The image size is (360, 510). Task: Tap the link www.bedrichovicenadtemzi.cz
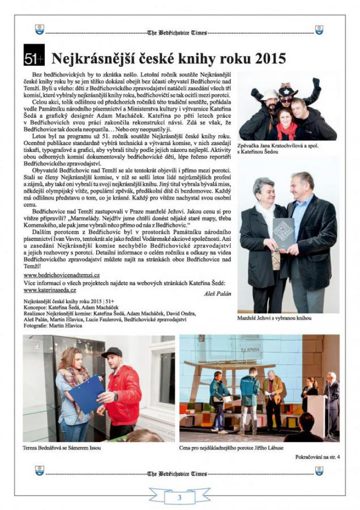[62, 275]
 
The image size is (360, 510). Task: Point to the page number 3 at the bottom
[179, 497]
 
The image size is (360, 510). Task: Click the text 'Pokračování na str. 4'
[317, 456]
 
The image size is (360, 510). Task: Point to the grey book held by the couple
[283, 233]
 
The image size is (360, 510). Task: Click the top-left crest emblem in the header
[40, 30]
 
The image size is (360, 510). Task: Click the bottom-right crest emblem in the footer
[319, 470]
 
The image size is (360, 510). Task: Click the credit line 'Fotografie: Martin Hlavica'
[53, 326]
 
